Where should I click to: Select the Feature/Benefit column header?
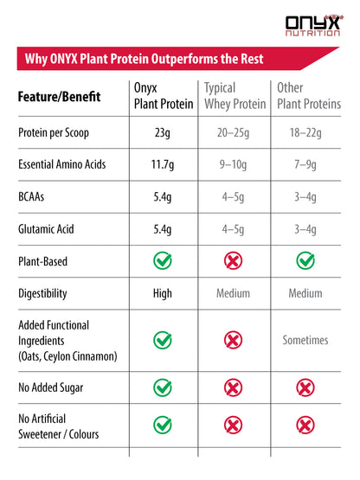point(58,97)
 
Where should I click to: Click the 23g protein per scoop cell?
point(162,132)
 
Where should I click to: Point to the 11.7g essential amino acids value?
point(162,164)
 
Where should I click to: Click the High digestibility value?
point(162,293)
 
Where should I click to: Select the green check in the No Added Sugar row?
point(162,387)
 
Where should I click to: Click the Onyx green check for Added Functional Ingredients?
point(162,340)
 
